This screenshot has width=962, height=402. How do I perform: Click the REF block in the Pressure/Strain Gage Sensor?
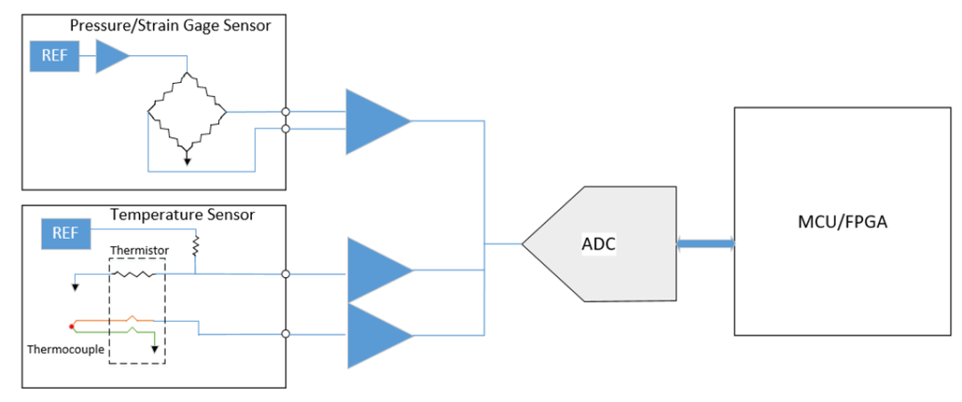click(53, 57)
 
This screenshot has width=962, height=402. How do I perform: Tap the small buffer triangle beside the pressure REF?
click(110, 56)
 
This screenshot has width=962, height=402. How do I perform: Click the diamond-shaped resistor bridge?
click(187, 112)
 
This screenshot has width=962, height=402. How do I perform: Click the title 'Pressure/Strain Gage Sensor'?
click(170, 25)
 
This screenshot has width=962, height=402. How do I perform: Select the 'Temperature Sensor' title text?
click(182, 215)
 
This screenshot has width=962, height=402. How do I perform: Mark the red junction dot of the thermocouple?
click(71, 326)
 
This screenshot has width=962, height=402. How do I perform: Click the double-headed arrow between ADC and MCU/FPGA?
click(705, 243)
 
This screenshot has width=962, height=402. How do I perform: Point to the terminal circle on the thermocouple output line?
click(285, 334)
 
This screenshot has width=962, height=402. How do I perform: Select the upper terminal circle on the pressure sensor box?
click(285, 112)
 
